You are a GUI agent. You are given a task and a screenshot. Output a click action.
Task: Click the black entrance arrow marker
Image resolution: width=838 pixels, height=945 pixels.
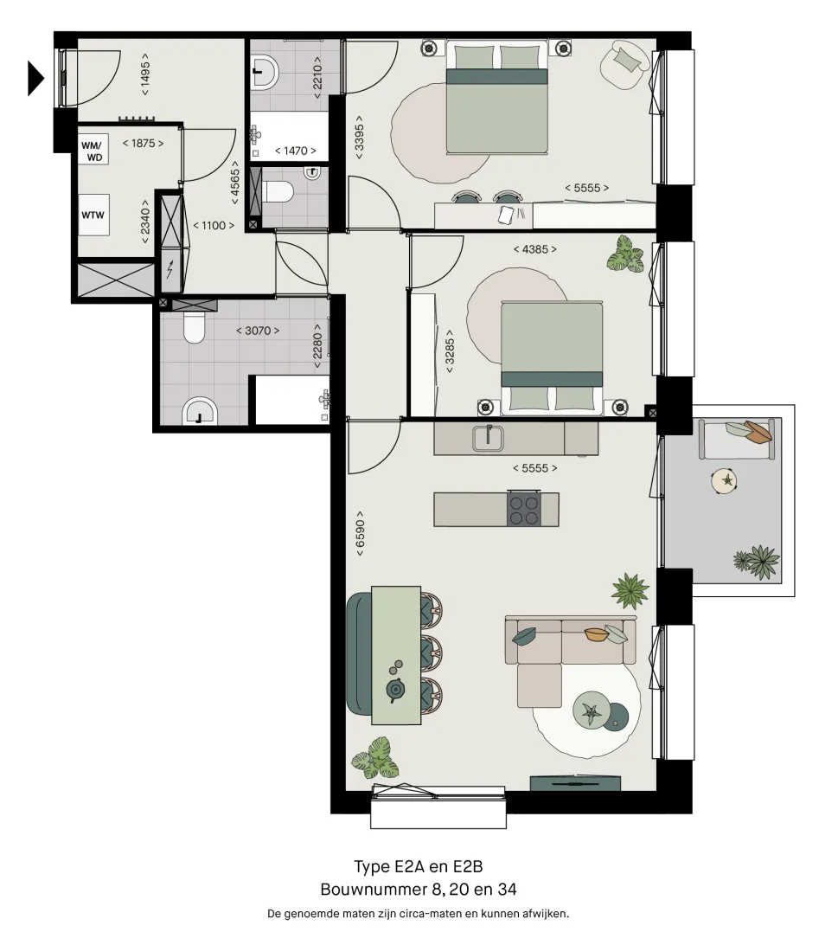coord(35,78)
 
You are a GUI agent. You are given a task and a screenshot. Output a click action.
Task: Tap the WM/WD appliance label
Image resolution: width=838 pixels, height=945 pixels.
coord(93,151)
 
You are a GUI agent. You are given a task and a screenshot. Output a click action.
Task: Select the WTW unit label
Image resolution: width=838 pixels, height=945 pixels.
coord(93,215)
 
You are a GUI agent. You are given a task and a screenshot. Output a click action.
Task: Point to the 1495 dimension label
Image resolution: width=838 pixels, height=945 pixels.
coord(144,74)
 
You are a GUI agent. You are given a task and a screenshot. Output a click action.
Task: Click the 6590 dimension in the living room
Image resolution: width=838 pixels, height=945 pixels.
coord(361,533)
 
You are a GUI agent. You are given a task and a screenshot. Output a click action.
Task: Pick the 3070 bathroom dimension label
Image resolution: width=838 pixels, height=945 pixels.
coord(258,331)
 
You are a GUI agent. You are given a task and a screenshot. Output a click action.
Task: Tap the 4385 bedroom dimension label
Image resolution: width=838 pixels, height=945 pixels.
coord(535,249)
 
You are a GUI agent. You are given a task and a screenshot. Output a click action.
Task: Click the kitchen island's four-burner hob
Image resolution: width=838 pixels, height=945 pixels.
coord(523,510)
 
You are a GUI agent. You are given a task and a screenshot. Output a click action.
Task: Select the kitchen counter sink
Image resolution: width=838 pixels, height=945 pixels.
coord(488,438)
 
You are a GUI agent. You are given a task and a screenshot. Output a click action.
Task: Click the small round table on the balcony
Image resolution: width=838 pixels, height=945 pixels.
coord(724,481)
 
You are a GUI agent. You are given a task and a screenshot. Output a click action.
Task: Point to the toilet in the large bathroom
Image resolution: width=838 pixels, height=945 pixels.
coord(194,326)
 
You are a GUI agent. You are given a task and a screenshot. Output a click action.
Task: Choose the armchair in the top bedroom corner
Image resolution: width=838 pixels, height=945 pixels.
coord(626,65)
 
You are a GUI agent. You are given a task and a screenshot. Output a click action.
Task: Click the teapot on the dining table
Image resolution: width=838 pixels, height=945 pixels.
coord(395,689)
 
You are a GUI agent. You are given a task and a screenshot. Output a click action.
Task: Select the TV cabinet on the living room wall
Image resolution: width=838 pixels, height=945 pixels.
coord(575,783)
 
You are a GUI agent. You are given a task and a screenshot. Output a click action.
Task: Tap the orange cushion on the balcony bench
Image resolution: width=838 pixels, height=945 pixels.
coord(758,431)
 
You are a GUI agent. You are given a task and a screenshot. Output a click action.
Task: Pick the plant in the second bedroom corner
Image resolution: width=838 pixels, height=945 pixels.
coord(625,254)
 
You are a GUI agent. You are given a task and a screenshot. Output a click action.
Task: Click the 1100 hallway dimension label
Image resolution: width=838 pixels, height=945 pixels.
coord(214,225)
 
